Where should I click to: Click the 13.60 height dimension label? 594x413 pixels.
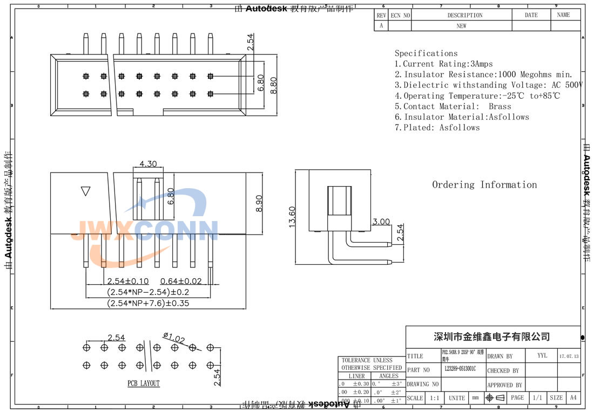[x=292, y=216]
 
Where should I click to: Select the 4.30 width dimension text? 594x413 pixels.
[x=148, y=164]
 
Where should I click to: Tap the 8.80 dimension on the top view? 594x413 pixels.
[x=274, y=85]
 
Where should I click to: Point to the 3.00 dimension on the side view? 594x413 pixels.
[x=381, y=222]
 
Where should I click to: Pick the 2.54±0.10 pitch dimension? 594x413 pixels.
[x=128, y=281]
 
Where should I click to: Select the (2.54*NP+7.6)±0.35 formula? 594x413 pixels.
[x=148, y=303]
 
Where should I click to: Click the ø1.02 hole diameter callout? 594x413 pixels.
[x=173, y=339]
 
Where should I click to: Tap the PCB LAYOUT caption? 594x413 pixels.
[x=144, y=383]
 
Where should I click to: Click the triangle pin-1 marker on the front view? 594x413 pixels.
[x=85, y=191]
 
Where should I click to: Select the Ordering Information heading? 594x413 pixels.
[x=484, y=185]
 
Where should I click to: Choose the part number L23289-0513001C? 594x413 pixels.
[x=464, y=370]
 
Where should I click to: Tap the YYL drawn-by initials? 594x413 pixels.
[x=542, y=356]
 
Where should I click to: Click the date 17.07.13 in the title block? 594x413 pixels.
[x=569, y=356]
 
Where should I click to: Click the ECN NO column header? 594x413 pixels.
[x=400, y=15]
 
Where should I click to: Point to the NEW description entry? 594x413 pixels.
[x=461, y=26]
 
